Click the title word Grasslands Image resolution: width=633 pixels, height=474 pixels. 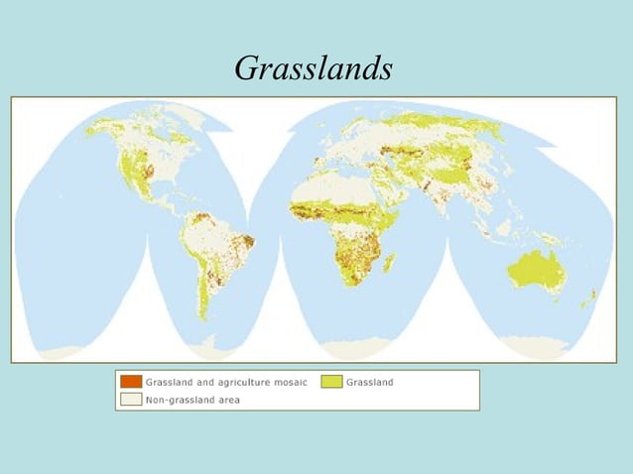coord(314,67)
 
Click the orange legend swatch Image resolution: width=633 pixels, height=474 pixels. coord(130,382)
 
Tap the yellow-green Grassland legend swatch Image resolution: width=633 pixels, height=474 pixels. coord(331,382)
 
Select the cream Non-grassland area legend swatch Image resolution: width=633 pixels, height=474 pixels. coord(130,400)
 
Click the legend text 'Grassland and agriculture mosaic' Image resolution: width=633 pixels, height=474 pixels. coord(226,382)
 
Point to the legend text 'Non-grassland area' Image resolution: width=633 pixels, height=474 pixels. coord(192,400)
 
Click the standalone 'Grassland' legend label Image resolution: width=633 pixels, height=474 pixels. coord(370,382)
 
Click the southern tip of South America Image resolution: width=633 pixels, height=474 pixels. coord(205,317)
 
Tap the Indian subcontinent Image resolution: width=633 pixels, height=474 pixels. coord(451,204)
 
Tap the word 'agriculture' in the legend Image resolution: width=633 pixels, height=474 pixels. coord(243,382)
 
